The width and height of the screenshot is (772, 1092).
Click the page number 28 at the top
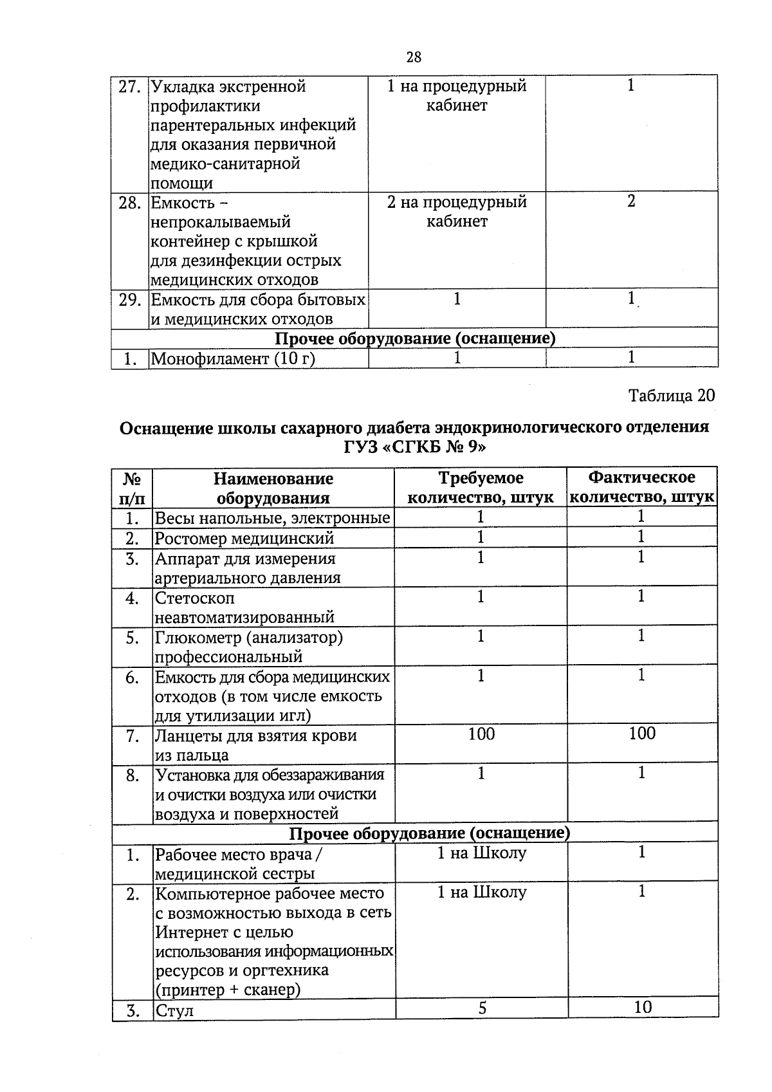[x=414, y=57]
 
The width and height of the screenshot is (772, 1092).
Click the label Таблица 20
[x=671, y=395]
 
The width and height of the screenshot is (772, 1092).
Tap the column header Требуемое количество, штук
[x=481, y=487]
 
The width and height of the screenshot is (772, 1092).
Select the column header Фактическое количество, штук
[x=641, y=487]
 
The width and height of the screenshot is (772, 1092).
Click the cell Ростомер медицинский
[x=244, y=538]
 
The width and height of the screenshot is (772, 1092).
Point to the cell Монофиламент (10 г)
[x=233, y=359]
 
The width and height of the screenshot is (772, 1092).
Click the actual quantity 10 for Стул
[x=643, y=1007]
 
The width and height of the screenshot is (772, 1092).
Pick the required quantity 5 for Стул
[x=482, y=1008]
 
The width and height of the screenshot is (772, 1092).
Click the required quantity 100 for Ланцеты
[x=481, y=734]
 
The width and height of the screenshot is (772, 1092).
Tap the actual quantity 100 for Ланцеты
[x=642, y=734]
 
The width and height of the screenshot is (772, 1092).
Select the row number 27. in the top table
[x=129, y=87]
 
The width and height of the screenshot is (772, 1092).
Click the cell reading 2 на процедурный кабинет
[x=457, y=212]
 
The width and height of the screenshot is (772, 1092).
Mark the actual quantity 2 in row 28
[x=631, y=201]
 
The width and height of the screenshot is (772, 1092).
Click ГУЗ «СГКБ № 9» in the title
[x=414, y=447]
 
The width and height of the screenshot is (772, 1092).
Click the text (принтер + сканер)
[x=228, y=990]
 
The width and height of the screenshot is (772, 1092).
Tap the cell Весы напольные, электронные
[x=272, y=518]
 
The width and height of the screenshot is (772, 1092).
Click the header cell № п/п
[x=132, y=488]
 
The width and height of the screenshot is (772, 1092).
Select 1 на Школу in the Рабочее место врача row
[x=481, y=853]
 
